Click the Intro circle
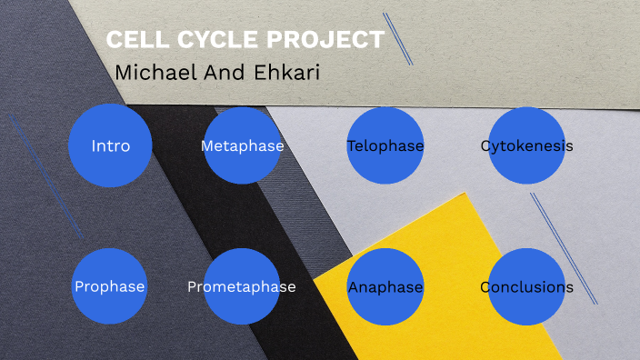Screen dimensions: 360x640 [x=109, y=146]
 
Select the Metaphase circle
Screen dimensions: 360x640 [x=242, y=146]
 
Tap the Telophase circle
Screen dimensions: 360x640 [x=385, y=146]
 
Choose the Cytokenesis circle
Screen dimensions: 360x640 [x=527, y=146]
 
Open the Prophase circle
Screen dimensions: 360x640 [x=109, y=287]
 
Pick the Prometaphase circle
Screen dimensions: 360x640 [x=242, y=287]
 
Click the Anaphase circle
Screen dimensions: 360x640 [x=385, y=287]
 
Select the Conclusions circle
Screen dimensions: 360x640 [x=527, y=287]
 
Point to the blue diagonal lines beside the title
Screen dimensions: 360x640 [x=398, y=38]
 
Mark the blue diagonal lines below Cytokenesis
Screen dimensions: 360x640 [x=564, y=247]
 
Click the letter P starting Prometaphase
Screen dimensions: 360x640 [x=193, y=287]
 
